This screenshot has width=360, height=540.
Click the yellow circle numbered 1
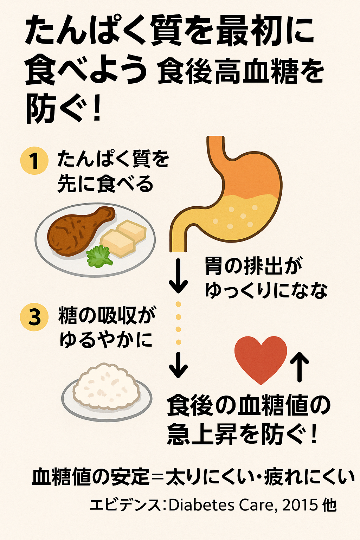[34, 161]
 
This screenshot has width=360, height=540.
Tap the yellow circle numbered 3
[34, 317]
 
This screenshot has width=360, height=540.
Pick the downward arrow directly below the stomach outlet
[178, 276]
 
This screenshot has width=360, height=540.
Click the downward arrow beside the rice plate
[178, 365]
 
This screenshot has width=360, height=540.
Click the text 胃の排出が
[253, 266]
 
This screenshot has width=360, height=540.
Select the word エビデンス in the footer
[125, 505]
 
